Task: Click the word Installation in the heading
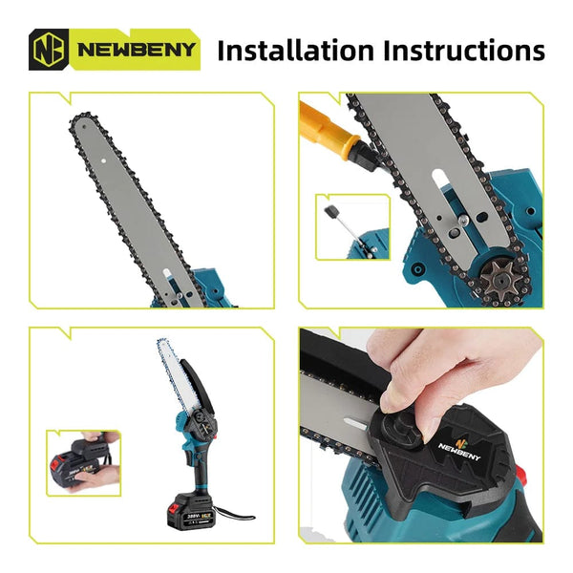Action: tap(295, 50)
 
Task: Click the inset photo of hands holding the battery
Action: tap(84, 462)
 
